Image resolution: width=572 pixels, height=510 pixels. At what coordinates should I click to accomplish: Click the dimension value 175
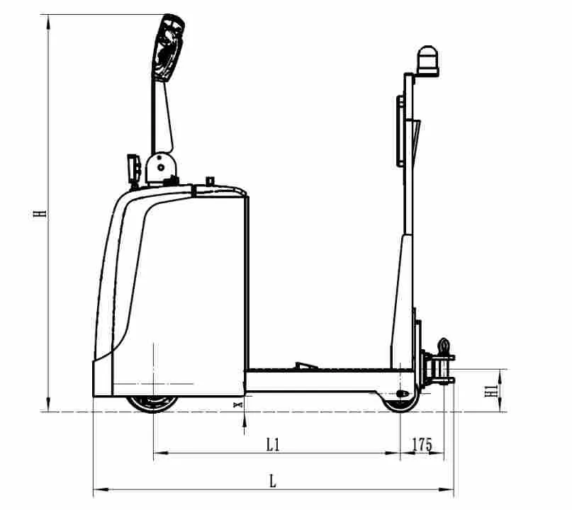(x=422, y=444)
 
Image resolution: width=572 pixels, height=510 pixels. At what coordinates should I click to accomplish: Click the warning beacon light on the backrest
(x=427, y=59)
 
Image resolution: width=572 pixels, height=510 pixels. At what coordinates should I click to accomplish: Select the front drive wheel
(x=153, y=402)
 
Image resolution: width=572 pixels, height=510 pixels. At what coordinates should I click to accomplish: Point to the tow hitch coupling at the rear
(x=439, y=368)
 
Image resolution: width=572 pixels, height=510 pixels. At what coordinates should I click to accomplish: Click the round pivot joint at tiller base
(x=161, y=167)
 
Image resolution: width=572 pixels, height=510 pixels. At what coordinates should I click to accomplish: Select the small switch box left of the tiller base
(x=132, y=167)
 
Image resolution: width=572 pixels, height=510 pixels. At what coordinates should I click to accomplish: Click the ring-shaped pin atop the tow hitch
(x=444, y=346)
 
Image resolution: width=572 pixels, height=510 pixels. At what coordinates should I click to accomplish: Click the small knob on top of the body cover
(x=210, y=181)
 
